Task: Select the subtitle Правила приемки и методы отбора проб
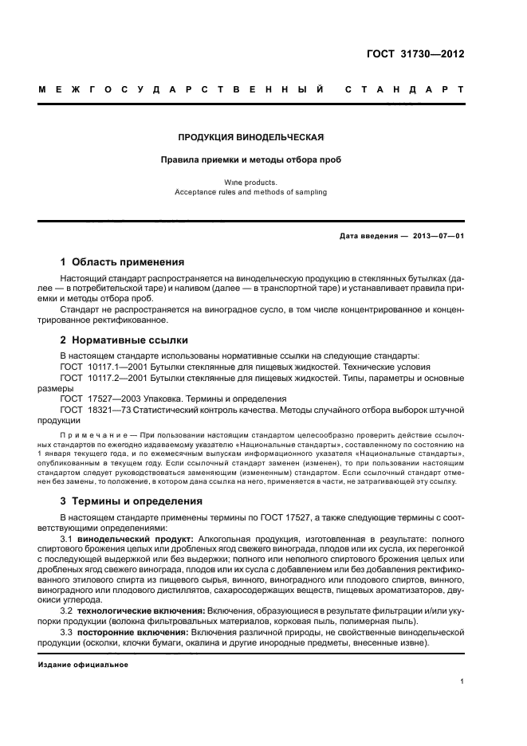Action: [x=250, y=159]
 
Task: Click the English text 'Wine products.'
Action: [x=250, y=183]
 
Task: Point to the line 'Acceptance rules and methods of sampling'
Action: [x=250, y=192]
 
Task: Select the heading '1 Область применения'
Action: [x=123, y=261]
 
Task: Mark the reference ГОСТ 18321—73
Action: [x=90, y=410]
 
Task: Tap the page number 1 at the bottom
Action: [x=462, y=681]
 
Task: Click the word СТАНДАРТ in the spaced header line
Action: [x=403, y=89]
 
